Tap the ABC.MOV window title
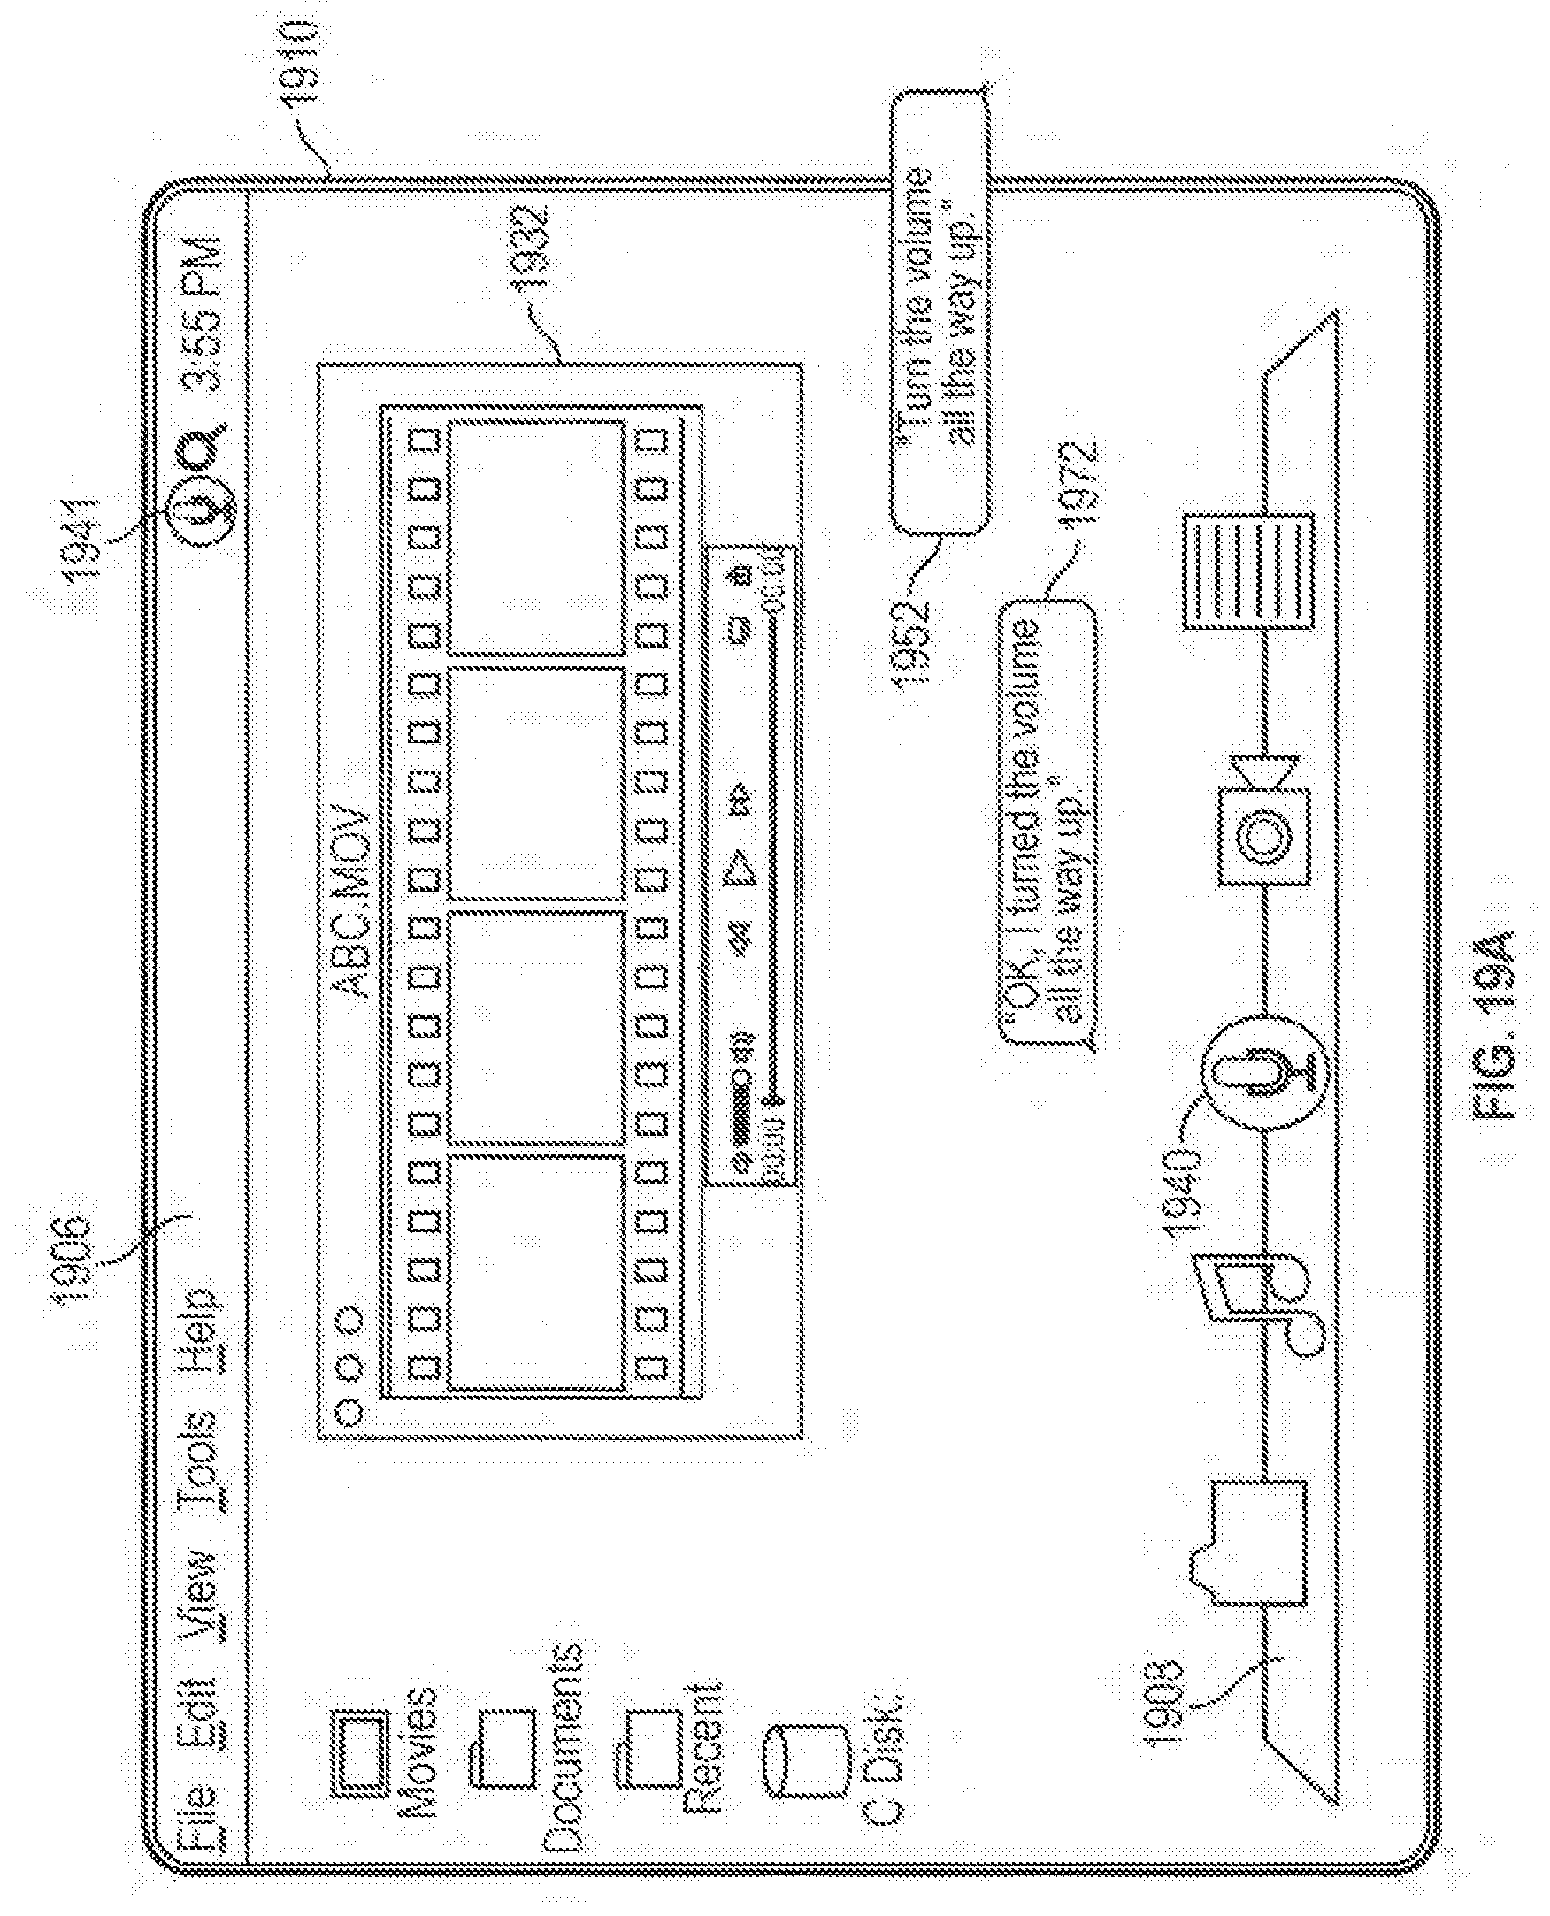349,901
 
